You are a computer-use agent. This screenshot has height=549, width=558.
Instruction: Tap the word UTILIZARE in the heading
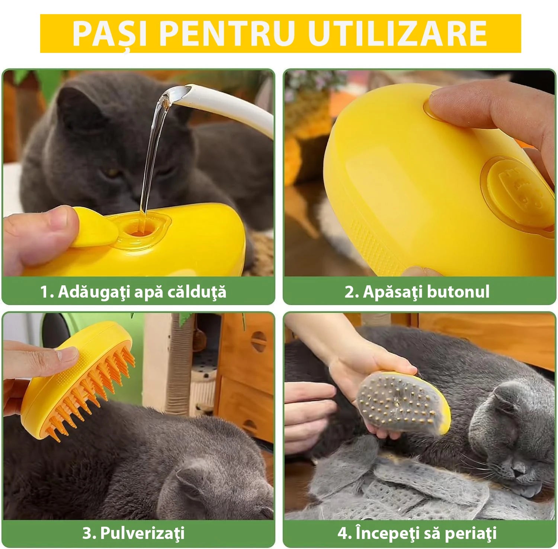coord(397,34)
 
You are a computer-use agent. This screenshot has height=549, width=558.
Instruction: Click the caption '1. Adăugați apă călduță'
coord(133,292)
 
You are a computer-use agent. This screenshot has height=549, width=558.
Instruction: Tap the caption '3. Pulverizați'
coord(133,533)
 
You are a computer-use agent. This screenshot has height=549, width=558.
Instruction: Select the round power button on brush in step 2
coord(521,194)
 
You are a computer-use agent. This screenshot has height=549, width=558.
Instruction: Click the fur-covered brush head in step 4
coord(402,404)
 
